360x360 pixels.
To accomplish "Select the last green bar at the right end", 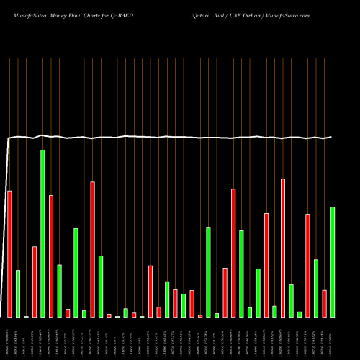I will click(333, 262).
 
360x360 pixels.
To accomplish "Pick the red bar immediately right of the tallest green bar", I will click(51, 256).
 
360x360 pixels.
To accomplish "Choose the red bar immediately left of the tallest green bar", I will click(35, 282).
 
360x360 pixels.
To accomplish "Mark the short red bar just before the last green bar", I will click(325, 303).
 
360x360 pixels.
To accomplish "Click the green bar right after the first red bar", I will click(18, 294).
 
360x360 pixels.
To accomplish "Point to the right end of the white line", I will click(331, 137).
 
